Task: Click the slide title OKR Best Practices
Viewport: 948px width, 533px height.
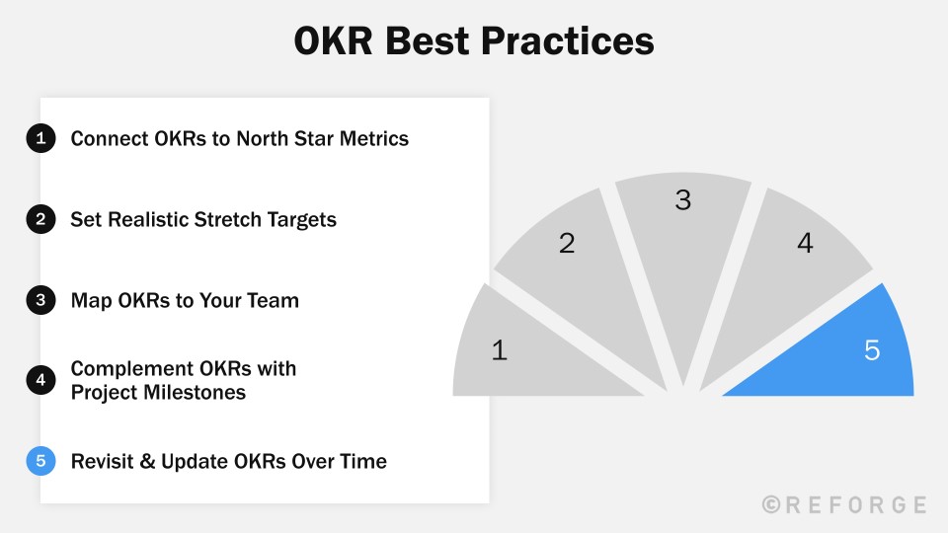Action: coord(474,42)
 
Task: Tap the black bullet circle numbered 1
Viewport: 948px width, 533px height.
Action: coord(40,139)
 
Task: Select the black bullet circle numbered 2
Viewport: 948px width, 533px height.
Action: coord(40,219)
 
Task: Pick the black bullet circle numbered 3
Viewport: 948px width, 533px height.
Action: coord(40,300)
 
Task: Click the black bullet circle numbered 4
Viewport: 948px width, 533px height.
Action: coord(40,380)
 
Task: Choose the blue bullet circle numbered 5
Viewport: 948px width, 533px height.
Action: coord(40,461)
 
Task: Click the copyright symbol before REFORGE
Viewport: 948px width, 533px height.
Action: coord(771,504)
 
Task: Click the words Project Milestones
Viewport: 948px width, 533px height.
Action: coord(158,393)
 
